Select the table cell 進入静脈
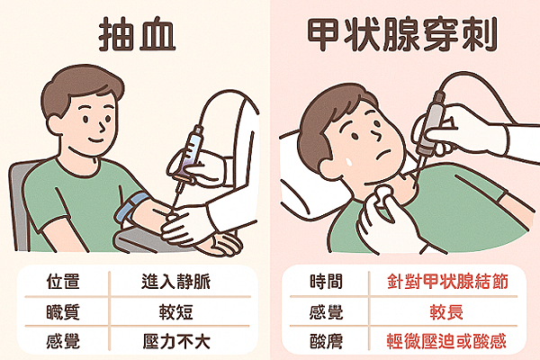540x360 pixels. click(x=184, y=283)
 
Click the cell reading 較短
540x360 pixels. click(x=184, y=311)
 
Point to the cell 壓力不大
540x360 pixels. click(x=184, y=341)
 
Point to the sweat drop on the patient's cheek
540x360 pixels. click(x=346, y=157)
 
